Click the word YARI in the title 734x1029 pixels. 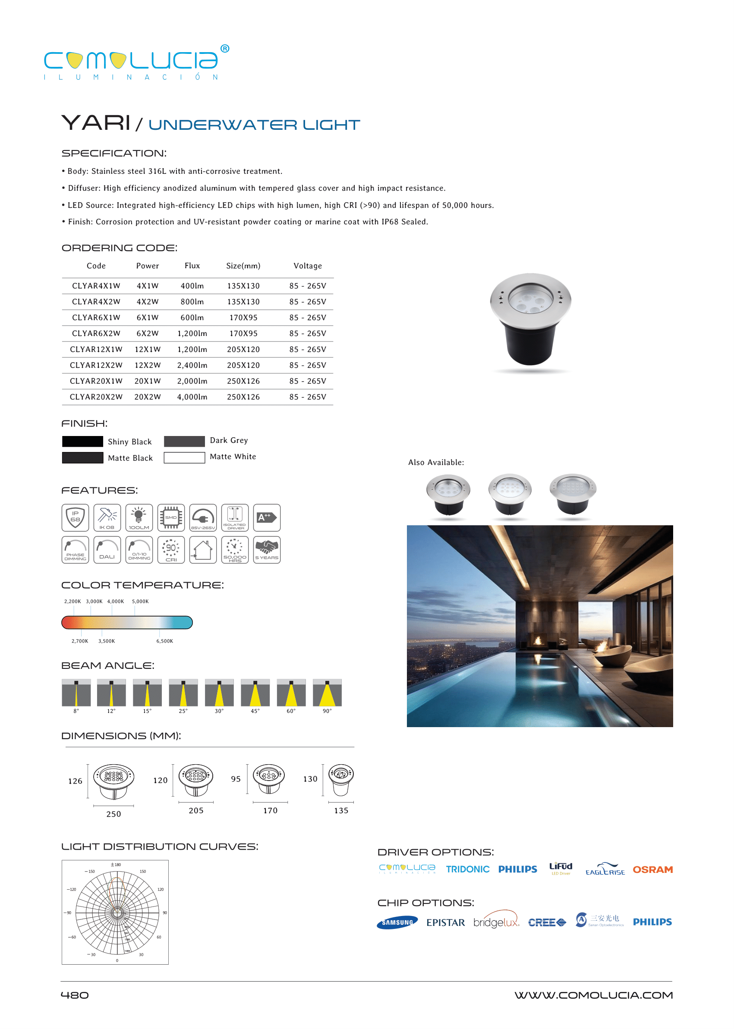96,123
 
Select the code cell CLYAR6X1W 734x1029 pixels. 96,317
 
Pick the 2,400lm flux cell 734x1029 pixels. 192,365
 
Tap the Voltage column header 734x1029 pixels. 307,266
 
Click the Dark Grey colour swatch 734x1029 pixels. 184,441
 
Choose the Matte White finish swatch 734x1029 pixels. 184,457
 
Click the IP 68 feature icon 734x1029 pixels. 75,517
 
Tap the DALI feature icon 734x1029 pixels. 107,549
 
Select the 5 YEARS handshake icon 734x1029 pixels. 267,549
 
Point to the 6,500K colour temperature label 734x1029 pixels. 164,641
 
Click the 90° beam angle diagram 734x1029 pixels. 327,693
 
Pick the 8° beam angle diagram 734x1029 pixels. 76,693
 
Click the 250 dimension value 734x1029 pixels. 113,814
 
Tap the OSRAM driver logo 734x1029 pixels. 652,869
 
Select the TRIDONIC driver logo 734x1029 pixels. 467,869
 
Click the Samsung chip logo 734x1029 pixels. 397,922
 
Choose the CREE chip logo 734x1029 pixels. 546,922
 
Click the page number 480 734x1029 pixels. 75,995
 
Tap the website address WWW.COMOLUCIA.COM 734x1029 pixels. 593,995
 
